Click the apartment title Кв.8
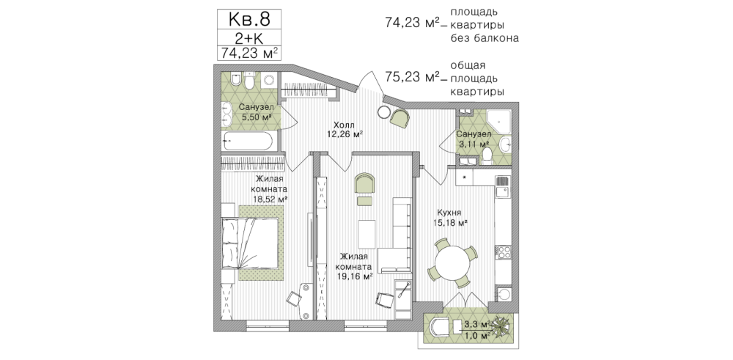tap(248, 19)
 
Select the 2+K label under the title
tap(248, 38)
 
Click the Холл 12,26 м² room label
tap(345, 130)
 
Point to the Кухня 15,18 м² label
tap(449, 218)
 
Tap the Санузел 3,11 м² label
tap(473, 139)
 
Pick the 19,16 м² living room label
tap(354, 266)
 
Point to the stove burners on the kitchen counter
tap(503, 252)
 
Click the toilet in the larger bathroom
tap(248, 81)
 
